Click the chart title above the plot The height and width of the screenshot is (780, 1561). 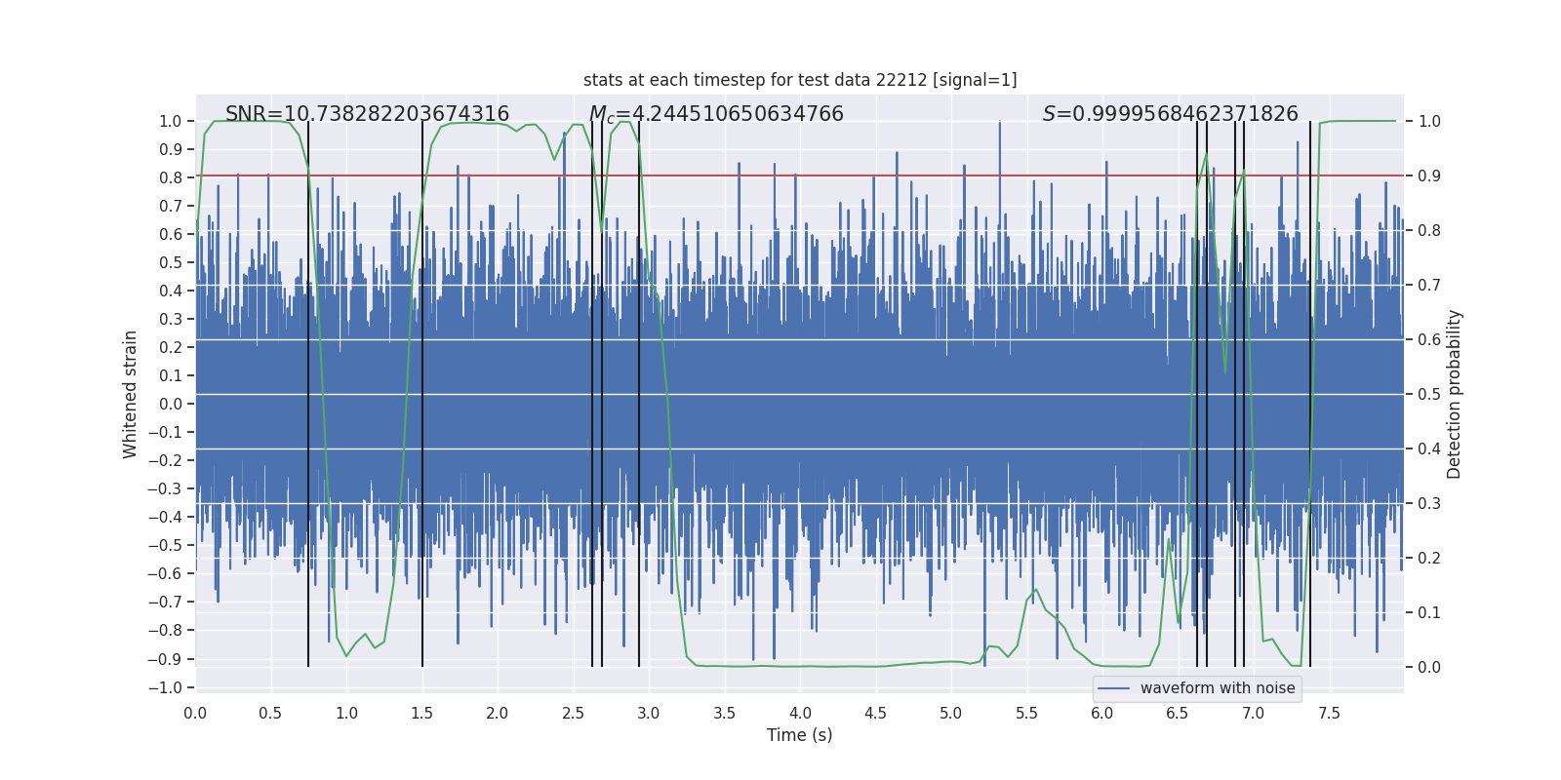[x=800, y=80]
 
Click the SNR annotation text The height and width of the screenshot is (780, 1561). [x=367, y=114]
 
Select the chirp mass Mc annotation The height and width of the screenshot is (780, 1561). [x=716, y=114]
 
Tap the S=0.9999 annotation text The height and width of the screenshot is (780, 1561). [x=1170, y=114]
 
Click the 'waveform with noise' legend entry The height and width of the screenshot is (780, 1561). [x=1217, y=688]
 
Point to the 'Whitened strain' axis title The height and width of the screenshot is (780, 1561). [x=131, y=394]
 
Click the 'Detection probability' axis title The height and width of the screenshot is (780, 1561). [x=1455, y=394]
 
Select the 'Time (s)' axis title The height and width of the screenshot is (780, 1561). [x=799, y=735]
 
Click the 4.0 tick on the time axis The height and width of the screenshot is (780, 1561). [x=800, y=713]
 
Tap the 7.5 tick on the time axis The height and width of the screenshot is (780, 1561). [x=1329, y=713]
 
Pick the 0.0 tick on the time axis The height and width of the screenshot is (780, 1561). [x=195, y=713]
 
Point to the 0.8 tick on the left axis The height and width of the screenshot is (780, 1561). [x=171, y=177]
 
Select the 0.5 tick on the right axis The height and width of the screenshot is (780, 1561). [x=1429, y=394]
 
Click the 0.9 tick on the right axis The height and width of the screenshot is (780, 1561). [x=1429, y=175]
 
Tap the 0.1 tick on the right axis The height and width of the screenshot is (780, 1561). [x=1429, y=612]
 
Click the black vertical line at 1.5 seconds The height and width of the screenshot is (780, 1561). [x=422, y=390]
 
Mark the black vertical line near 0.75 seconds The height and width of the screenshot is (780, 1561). [x=308, y=390]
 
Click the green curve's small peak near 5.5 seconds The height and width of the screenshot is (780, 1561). [x=1036, y=590]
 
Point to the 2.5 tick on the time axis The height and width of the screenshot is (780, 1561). [x=573, y=713]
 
